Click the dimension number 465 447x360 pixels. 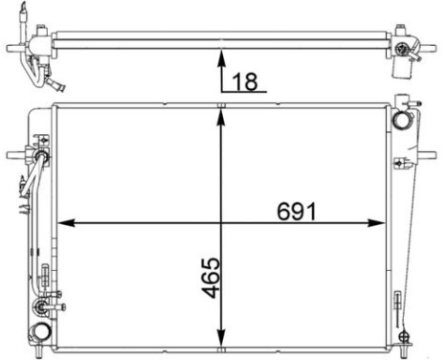[212, 279]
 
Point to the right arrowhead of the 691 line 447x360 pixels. [380, 223]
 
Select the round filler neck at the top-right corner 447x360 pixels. [400, 122]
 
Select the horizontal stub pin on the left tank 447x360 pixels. [14, 153]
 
